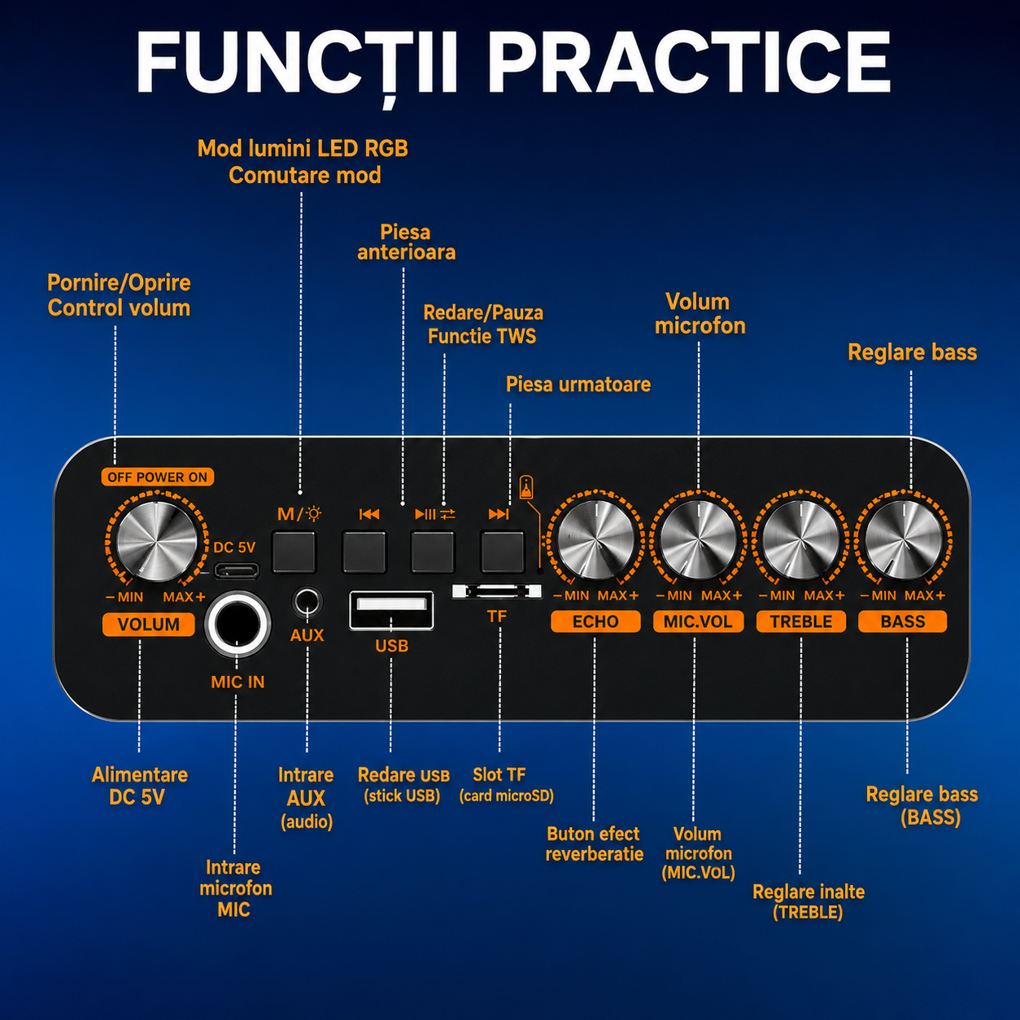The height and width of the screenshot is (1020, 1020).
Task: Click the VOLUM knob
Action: coord(157,541)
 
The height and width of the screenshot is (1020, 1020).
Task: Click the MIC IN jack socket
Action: coord(238,625)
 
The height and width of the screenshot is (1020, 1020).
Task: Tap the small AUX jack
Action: coord(307,603)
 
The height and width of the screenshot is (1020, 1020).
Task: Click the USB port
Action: coord(392,610)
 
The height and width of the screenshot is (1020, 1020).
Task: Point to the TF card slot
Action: coord(497,591)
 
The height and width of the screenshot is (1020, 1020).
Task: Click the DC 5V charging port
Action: coord(236,570)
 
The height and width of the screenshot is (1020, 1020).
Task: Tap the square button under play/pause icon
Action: coord(433,552)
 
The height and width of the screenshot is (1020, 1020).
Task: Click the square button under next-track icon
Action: coord(503,552)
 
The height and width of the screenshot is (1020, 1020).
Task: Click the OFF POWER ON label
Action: coord(158,477)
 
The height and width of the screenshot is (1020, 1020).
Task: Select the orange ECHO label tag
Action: coord(595,621)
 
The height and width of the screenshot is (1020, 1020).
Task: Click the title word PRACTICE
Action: coord(689,63)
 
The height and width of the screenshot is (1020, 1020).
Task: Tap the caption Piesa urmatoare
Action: coord(578,384)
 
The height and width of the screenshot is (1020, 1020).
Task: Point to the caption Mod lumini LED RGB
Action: coord(303,149)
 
